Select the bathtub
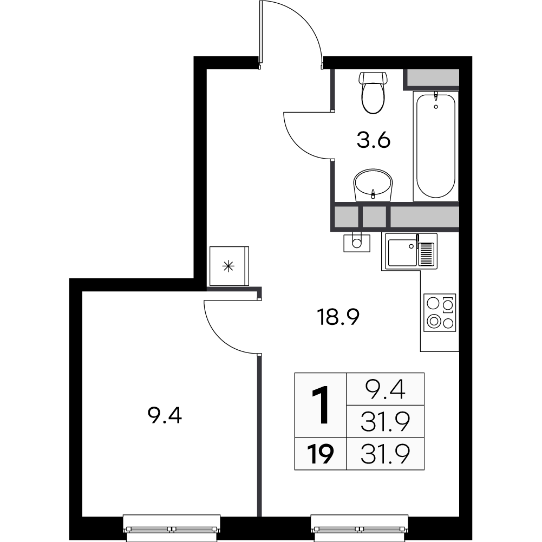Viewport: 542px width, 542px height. click(x=435, y=145)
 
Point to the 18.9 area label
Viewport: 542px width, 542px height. click(x=339, y=316)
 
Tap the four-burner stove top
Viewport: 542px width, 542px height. click(x=440, y=312)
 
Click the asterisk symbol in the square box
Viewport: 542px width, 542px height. click(x=228, y=266)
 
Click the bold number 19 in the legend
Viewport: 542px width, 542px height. click(x=321, y=454)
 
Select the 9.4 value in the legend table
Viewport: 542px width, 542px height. click(x=386, y=388)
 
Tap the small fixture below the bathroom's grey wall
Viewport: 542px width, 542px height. click(x=356, y=241)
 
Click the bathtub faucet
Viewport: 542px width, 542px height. click(x=436, y=101)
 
